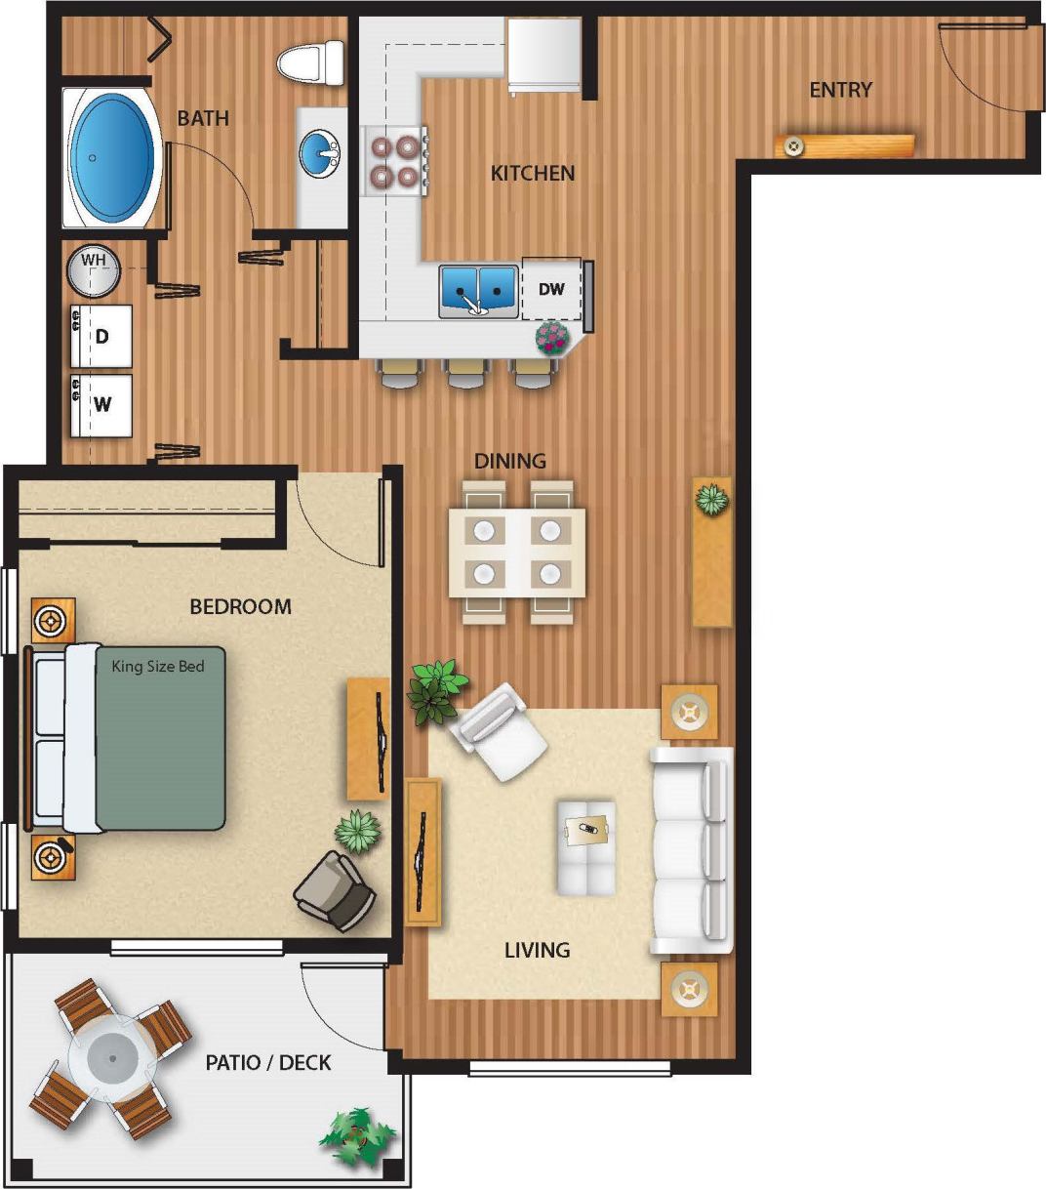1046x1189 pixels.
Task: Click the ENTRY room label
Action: (x=840, y=90)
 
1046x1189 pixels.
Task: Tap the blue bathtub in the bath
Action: (x=114, y=157)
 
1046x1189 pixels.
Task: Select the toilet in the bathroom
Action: (x=312, y=63)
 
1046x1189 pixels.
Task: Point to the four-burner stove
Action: (x=394, y=161)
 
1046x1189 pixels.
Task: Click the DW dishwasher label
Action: (x=551, y=289)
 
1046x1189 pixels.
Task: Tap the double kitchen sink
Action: (x=477, y=290)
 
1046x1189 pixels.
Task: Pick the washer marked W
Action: (x=101, y=404)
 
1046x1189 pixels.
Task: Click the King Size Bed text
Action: (x=158, y=667)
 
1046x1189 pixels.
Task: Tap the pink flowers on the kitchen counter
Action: (x=552, y=338)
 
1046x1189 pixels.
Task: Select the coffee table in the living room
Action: (x=586, y=847)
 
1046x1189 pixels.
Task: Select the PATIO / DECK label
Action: (x=268, y=1062)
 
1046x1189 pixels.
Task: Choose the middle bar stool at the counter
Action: (x=466, y=374)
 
